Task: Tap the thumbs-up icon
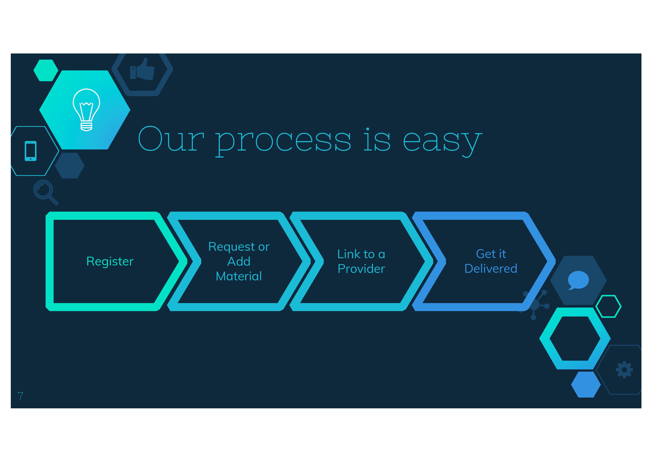142,69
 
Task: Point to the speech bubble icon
578,280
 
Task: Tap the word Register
110,261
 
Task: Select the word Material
239,276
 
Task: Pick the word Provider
361,269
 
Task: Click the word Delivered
491,268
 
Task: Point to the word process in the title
283,141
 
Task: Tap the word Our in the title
171,140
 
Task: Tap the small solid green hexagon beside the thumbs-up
46,70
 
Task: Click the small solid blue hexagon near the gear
586,384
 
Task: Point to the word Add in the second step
239,261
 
